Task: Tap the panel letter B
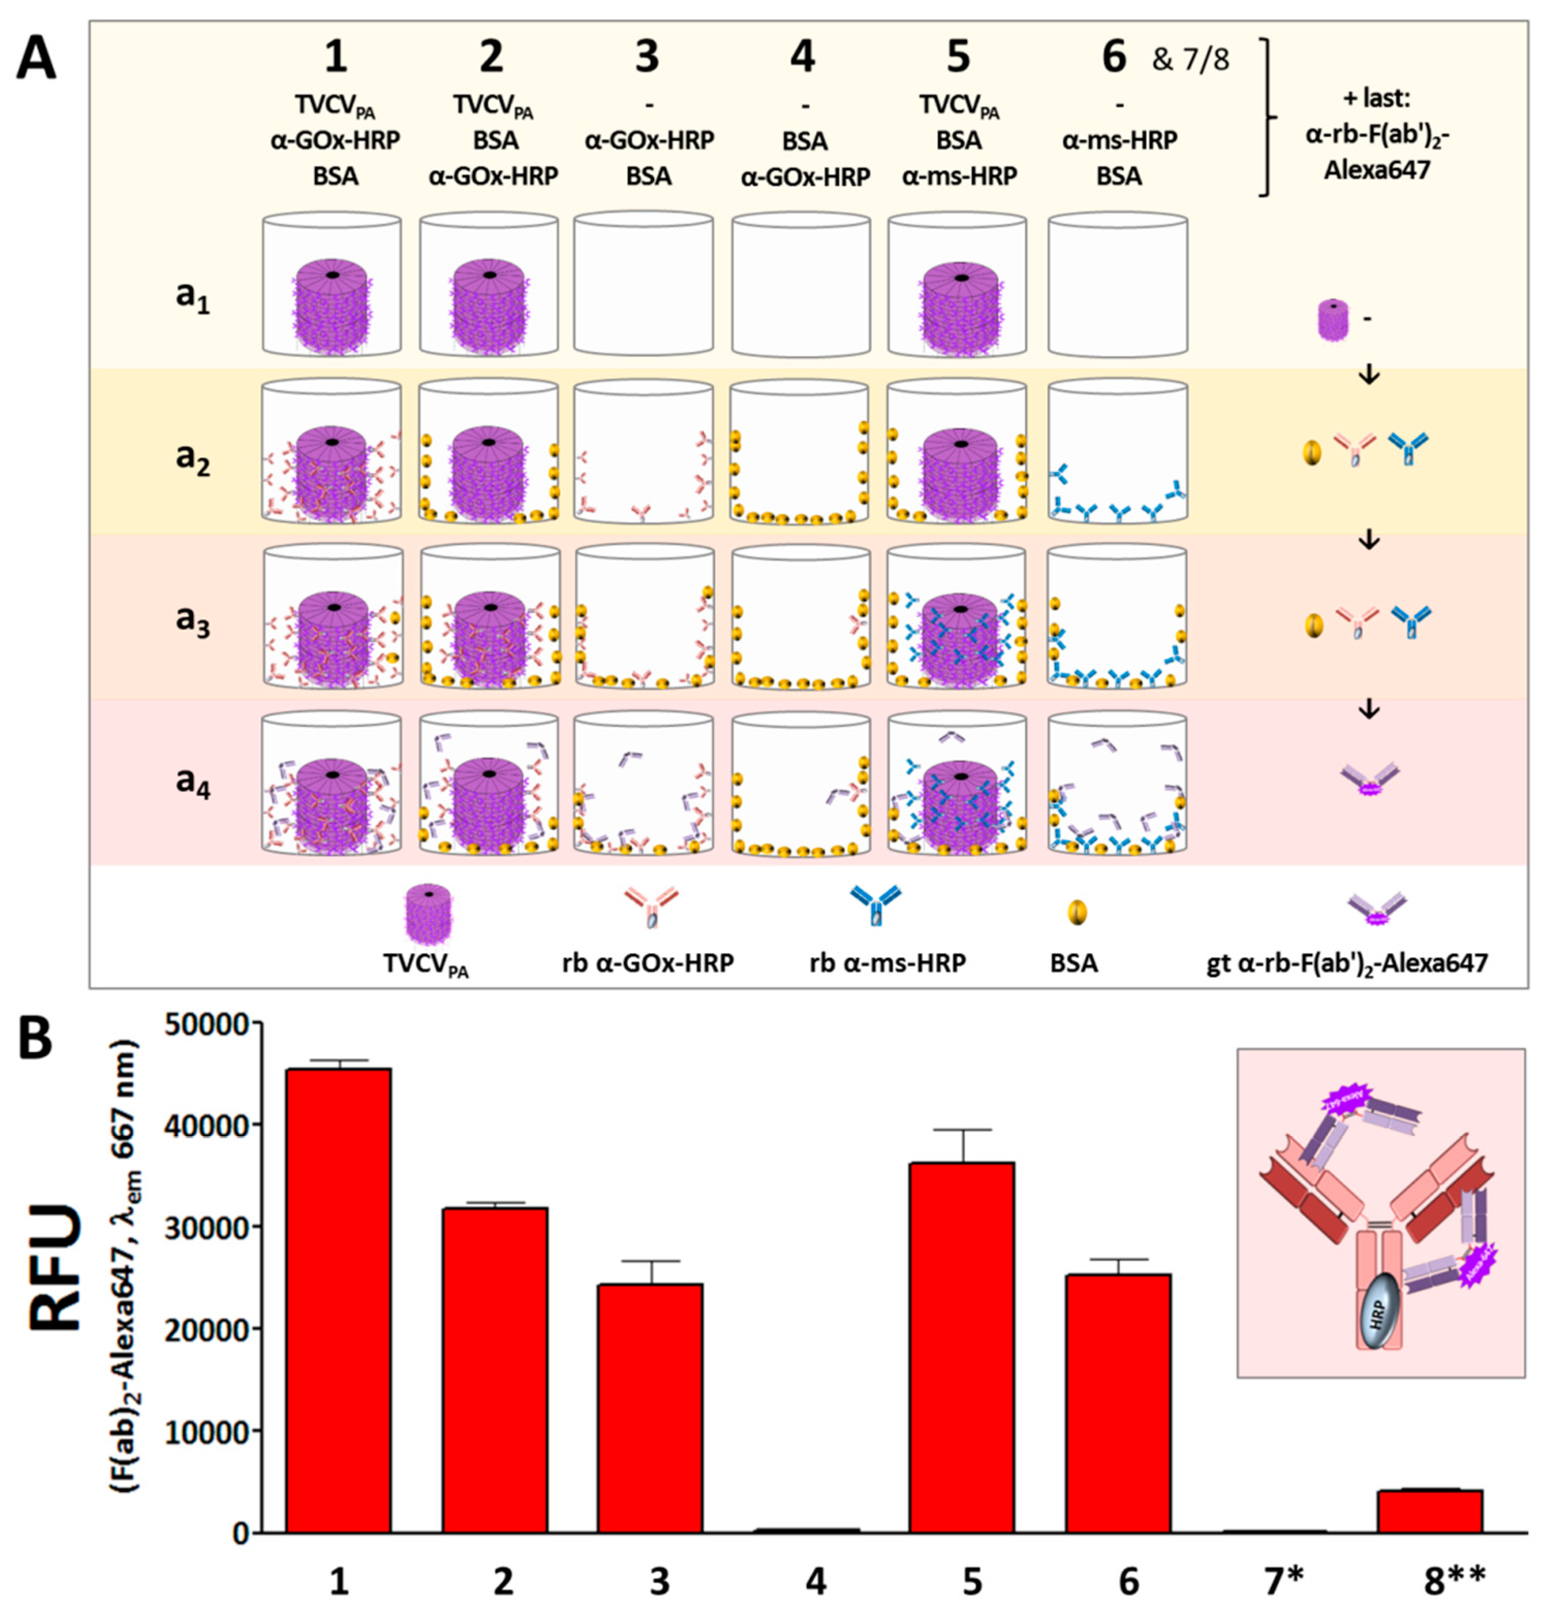point(35,1037)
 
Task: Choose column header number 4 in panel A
point(802,59)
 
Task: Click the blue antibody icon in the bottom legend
point(875,905)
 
